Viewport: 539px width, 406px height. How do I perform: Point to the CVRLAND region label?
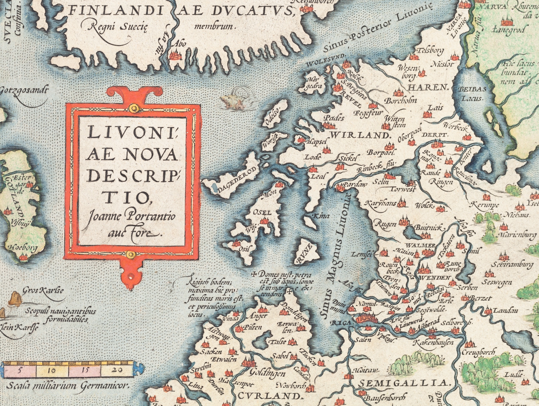[x=268, y=396]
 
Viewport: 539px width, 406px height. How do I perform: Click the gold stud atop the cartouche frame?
[x=133, y=107]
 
